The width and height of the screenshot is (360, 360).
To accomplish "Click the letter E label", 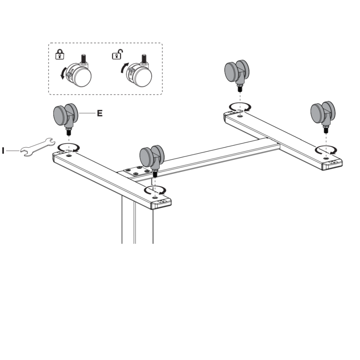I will pos(100,113).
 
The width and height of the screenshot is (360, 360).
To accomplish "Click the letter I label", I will pos(3,151).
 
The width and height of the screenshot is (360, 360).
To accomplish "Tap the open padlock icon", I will pos(118,54).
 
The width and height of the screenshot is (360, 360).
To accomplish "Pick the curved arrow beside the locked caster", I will pos(62,73).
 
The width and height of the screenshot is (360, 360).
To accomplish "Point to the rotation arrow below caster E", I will pos(69,148).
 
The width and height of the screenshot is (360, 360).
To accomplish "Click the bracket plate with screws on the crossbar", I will pos(135,171).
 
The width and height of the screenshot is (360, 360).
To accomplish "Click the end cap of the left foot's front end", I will pos(162,203).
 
